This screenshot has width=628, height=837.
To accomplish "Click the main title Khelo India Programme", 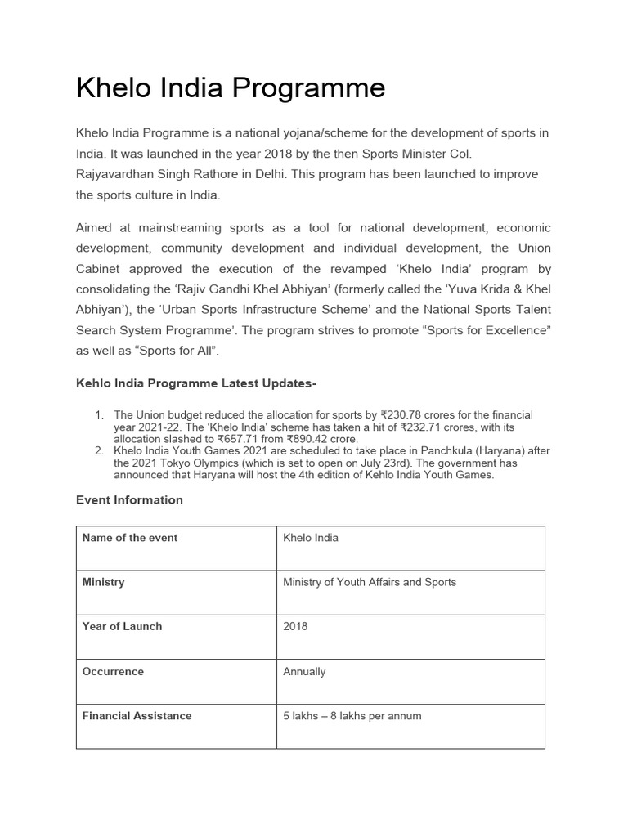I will (x=231, y=88).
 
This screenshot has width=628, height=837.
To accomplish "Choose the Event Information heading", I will (x=129, y=499).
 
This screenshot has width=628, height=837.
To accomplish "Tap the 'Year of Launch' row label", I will (x=122, y=626).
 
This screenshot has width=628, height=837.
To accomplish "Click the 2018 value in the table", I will (x=295, y=626).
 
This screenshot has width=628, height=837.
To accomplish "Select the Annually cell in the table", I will (x=304, y=671).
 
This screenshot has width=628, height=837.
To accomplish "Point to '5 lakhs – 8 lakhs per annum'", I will (x=352, y=715).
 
